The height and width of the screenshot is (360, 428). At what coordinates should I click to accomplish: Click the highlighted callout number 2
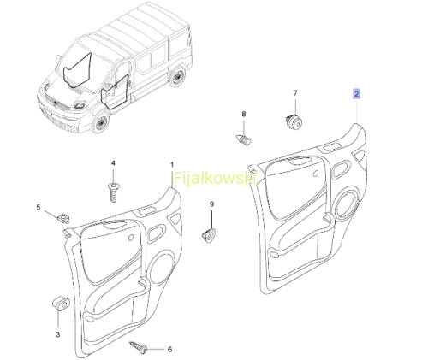click(356, 93)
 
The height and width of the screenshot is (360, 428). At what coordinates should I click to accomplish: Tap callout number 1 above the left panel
click(172, 165)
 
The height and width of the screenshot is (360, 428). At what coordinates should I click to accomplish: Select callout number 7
click(295, 93)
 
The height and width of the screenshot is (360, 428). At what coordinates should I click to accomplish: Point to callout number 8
click(244, 114)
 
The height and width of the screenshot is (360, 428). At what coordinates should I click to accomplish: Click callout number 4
click(113, 163)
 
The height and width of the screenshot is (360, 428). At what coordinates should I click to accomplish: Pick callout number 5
click(39, 207)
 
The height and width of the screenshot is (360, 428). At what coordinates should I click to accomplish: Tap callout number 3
click(58, 334)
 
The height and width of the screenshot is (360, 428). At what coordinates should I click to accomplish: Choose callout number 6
click(169, 349)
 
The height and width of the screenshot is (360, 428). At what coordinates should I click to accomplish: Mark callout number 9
click(211, 204)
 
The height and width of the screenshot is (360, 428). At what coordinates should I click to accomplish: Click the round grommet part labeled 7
click(294, 121)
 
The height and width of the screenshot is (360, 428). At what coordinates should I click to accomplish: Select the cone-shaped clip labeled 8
click(243, 139)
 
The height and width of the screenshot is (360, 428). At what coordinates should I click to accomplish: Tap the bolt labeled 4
click(114, 192)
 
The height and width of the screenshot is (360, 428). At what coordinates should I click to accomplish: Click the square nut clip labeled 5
click(64, 219)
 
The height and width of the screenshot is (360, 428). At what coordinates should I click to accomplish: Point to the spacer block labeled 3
click(61, 304)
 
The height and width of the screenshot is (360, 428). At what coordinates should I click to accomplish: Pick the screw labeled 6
click(139, 347)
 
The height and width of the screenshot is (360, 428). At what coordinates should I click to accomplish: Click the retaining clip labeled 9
click(209, 235)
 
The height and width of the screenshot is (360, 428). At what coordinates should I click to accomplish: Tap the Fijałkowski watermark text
click(214, 179)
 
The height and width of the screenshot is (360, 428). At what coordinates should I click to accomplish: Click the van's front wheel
click(100, 123)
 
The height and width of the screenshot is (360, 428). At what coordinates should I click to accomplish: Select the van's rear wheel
click(177, 76)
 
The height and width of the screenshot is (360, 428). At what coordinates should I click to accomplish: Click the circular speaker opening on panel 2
click(347, 204)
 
